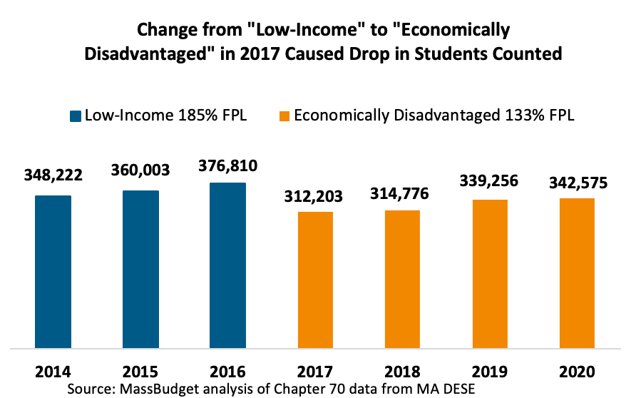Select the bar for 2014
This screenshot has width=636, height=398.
53,271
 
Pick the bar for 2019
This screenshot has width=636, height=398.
490,273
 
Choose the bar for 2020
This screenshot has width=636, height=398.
577,272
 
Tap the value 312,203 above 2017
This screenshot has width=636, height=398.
315,196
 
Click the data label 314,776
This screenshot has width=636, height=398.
402,195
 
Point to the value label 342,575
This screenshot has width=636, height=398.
577,183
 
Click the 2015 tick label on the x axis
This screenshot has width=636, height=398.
140,372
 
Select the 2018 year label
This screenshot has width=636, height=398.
402,372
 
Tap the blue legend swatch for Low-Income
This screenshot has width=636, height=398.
75,116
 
